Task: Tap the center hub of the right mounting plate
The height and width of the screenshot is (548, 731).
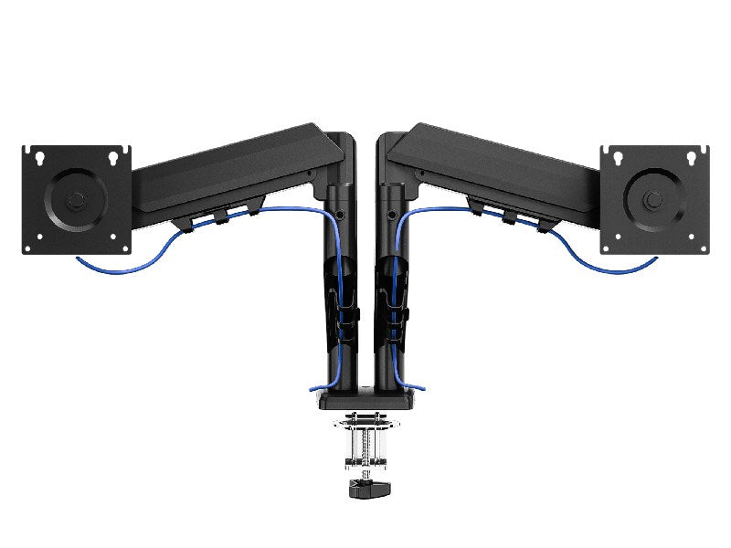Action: click(653, 199)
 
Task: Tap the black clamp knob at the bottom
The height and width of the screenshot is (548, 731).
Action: click(365, 489)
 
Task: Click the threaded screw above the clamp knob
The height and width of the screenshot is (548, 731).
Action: click(365, 448)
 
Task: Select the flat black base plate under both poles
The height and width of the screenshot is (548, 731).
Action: click(365, 398)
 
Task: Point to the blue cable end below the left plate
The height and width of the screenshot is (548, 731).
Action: click(80, 261)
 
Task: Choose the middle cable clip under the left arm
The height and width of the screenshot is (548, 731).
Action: click(222, 216)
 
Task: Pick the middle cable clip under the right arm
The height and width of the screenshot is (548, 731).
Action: click(508, 216)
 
